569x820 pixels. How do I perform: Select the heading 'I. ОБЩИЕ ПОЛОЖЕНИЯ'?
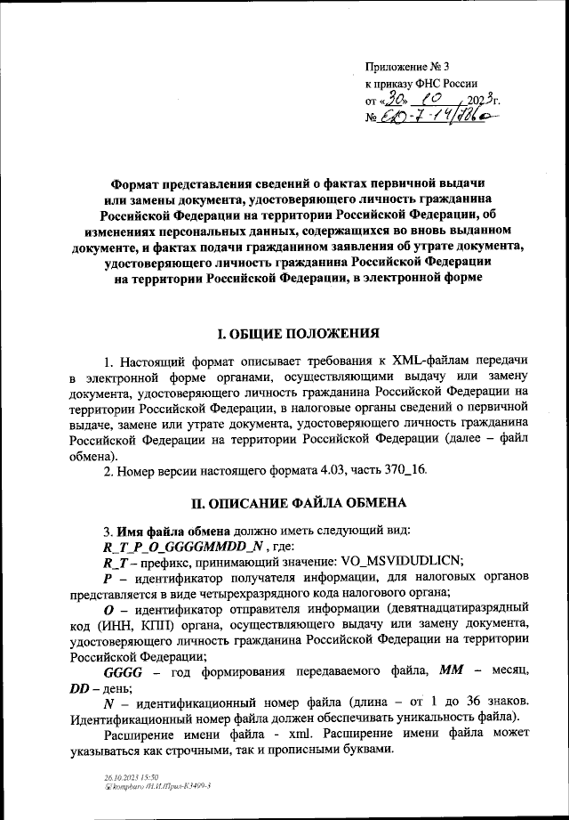(284, 335)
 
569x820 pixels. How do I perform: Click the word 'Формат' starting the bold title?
(136, 184)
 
